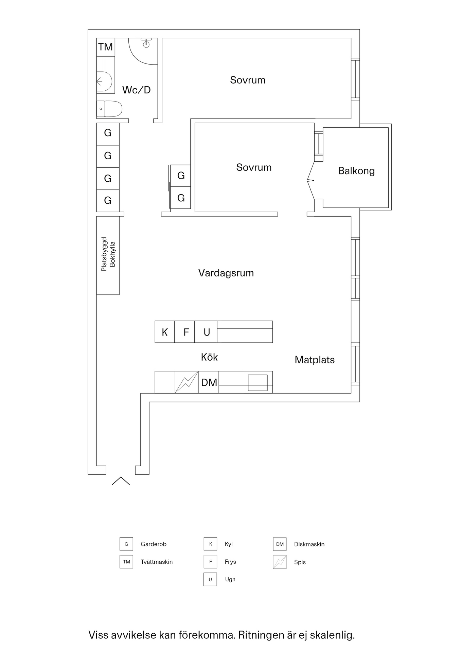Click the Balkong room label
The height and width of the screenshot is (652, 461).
point(356,171)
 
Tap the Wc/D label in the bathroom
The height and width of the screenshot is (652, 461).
point(136,90)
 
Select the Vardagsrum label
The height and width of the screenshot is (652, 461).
point(226,273)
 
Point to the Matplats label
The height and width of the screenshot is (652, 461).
point(315,360)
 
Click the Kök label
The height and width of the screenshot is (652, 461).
point(209,357)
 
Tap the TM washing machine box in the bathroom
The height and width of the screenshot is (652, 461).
point(106,47)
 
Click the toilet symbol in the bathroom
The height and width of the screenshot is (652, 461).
point(109,109)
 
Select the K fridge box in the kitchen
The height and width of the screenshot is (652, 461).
point(165,332)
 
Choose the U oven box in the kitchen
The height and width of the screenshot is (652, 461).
point(206,332)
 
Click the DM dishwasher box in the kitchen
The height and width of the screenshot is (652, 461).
point(209,382)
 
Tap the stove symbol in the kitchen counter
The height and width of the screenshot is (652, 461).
point(187,382)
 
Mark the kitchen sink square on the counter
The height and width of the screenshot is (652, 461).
point(258,382)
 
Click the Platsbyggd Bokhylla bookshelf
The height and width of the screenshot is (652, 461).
point(108,255)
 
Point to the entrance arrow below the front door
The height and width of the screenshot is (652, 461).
point(121,481)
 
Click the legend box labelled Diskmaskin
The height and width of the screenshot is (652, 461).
point(280,544)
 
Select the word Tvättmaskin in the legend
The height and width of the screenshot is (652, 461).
point(157,562)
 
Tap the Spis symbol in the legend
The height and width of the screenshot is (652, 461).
point(280,562)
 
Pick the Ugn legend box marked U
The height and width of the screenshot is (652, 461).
point(210,579)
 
